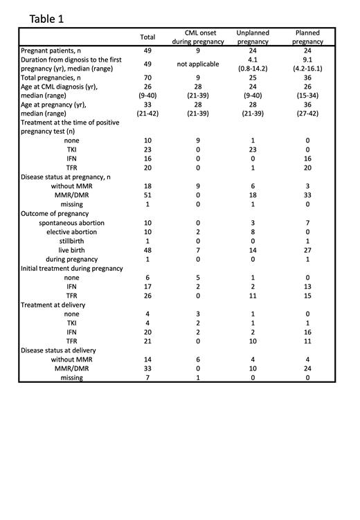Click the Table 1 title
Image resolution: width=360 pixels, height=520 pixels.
(46, 19)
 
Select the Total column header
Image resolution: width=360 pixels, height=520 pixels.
(147, 37)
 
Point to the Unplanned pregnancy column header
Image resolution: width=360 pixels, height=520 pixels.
(253, 37)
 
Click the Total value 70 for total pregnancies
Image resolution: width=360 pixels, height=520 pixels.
(147, 78)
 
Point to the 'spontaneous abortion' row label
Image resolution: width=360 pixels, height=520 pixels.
(72, 222)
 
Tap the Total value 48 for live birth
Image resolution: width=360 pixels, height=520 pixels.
(147, 249)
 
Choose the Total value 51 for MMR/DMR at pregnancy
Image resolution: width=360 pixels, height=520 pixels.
(147, 195)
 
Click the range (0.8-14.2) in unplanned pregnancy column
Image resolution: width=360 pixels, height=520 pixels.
(253, 69)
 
